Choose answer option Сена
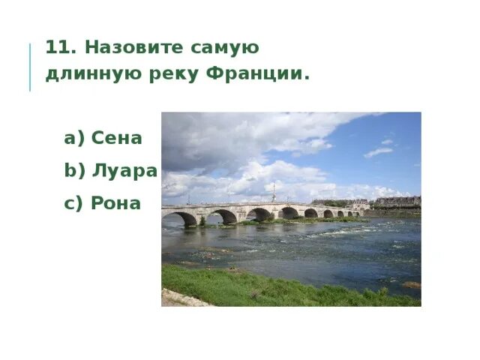pyautogui.click(x=116, y=138)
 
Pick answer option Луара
pyautogui.click(x=124, y=170)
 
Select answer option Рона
pyautogui.click(x=115, y=203)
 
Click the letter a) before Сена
pyautogui.click(x=74, y=138)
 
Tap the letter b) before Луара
pyautogui.click(x=75, y=170)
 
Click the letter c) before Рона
pyautogui.click(x=74, y=203)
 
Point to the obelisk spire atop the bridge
pyautogui.click(x=273, y=192)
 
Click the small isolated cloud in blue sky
pyautogui.click(x=378, y=151)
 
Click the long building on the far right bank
pyautogui.click(x=397, y=201)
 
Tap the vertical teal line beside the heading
pyautogui.click(x=31, y=67)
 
